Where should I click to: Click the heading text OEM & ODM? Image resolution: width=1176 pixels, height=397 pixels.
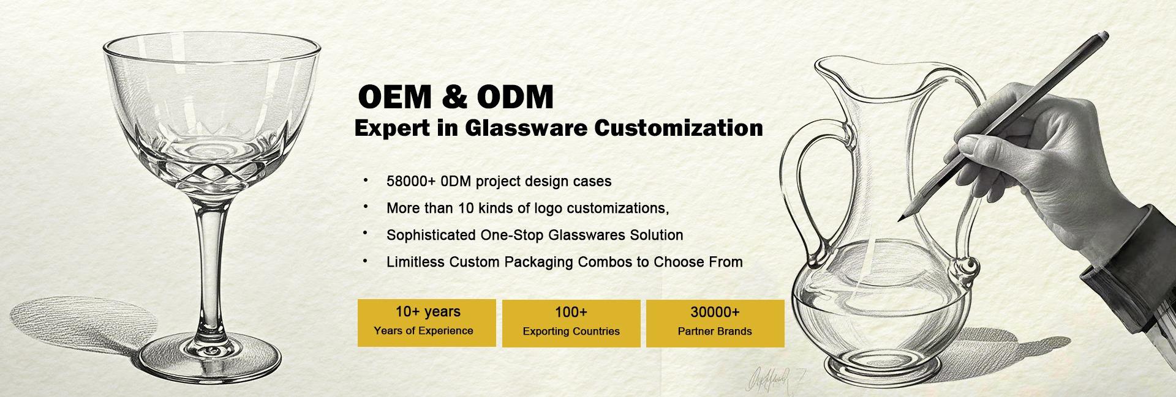[x=456, y=97]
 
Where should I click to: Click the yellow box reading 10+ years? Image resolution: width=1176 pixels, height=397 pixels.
[x=427, y=323]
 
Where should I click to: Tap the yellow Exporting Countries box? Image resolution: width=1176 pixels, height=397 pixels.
[x=571, y=324]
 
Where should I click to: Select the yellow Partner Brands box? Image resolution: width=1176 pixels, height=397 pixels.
[x=715, y=324]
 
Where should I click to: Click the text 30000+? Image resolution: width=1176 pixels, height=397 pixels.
[x=715, y=313]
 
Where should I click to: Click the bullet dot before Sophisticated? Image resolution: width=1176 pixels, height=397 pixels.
[x=366, y=233]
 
